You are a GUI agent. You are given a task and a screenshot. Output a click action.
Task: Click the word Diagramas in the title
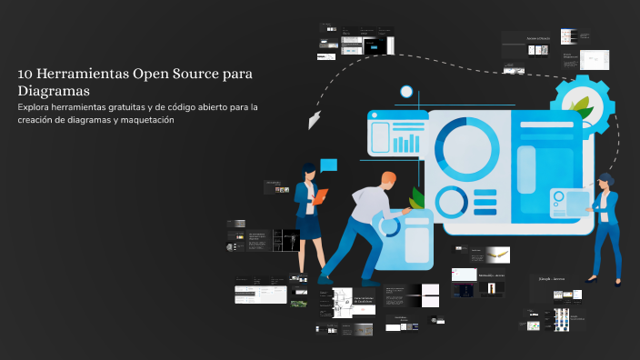point(53,91)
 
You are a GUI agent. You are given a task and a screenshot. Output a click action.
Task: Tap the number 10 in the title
point(25,74)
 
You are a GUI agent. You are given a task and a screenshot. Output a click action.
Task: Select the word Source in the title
point(190,74)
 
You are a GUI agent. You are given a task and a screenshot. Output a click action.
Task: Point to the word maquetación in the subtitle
point(143,122)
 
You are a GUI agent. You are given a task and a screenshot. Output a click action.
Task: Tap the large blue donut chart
point(467,145)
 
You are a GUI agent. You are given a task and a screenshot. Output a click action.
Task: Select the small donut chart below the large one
point(451,202)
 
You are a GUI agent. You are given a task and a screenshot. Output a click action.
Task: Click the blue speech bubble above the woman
point(328,165)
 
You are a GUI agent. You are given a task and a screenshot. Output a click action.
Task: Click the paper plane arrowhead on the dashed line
point(315,119)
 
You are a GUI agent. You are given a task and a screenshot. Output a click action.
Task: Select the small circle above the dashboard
point(406,91)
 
